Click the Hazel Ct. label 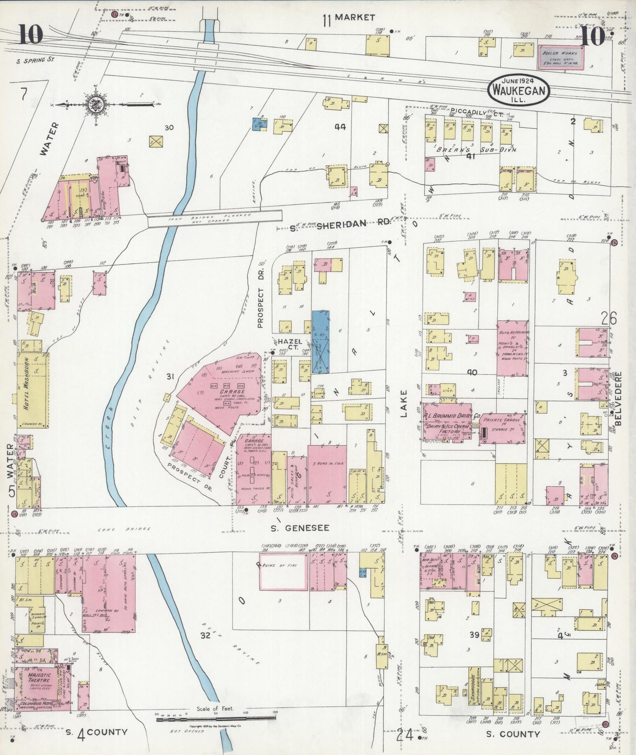point(289,344)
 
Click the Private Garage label point(502,420)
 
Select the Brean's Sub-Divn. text point(476,149)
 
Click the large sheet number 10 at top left point(30,35)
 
